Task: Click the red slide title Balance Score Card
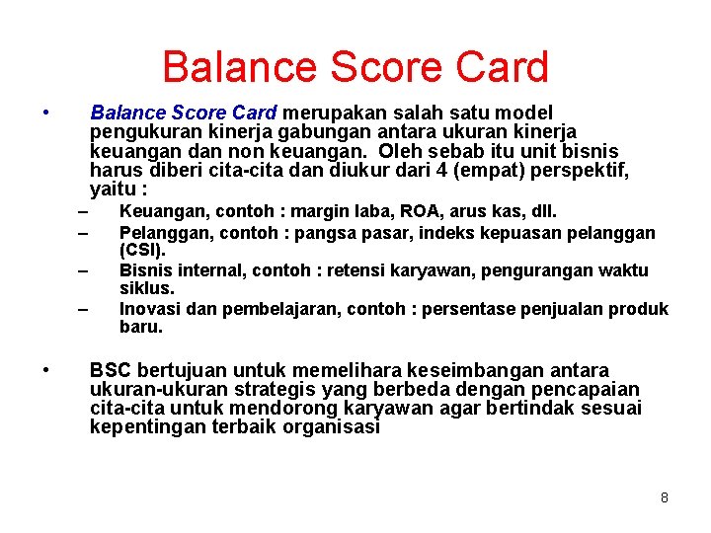coord(355,67)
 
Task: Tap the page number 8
coord(665,497)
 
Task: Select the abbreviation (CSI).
coord(142,250)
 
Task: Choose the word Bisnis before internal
coord(144,270)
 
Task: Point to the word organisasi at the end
coord(332,427)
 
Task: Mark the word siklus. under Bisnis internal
coord(146,288)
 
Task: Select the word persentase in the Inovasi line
coord(470,309)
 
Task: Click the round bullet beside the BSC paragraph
coord(47,371)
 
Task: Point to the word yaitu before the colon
coord(112,190)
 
